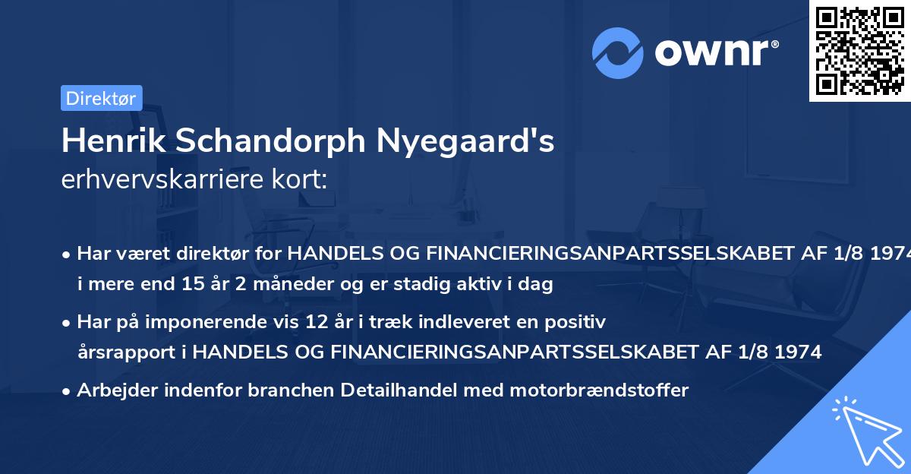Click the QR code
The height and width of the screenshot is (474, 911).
point(859,50)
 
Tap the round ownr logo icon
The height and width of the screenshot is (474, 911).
point(618,52)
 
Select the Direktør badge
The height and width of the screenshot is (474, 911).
point(101,98)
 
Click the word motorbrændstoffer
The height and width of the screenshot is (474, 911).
point(600,390)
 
